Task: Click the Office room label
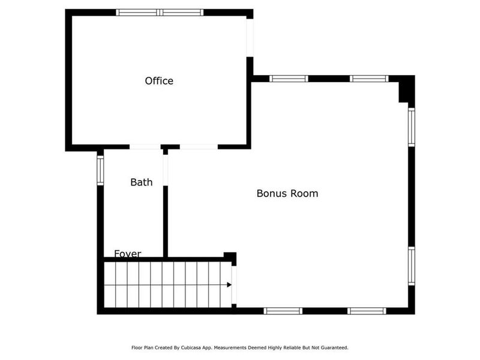tap(159, 81)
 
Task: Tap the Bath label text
tap(142, 182)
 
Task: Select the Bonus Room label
tap(287, 193)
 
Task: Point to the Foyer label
tap(128, 254)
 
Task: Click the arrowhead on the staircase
tap(229, 284)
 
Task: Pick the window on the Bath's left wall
tap(100, 170)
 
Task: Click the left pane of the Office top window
tap(138, 12)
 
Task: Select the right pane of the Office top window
tap(182, 12)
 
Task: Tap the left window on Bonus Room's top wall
tap(288, 79)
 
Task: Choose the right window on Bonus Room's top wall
tap(369, 79)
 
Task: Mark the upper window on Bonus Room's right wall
tap(412, 127)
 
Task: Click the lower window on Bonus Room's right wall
tap(412, 266)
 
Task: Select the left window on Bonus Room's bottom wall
tap(283, 311)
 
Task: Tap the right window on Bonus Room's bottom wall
tap(366, 311)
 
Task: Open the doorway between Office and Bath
tap(145, 146)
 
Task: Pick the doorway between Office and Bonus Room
tap(199, 146)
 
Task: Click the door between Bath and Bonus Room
tap(166, 170)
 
